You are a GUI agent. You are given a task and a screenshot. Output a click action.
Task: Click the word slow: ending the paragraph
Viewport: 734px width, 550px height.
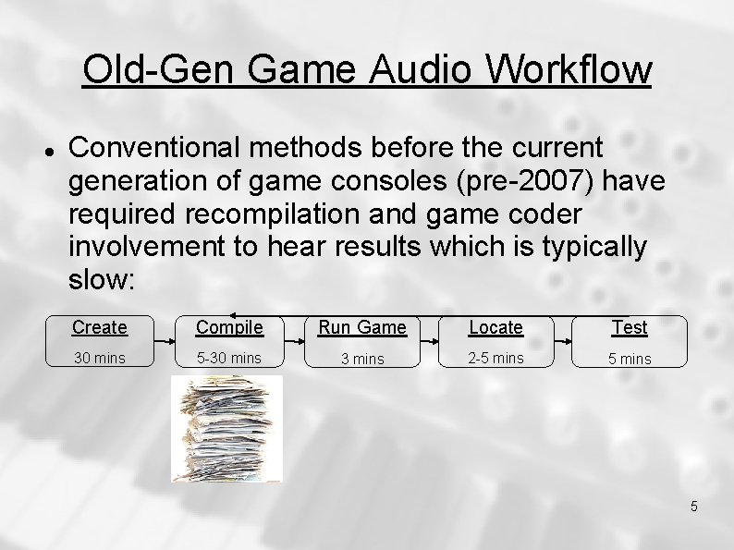coord(102,280)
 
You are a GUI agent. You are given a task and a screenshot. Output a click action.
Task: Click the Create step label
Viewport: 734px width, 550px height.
coord(100,327)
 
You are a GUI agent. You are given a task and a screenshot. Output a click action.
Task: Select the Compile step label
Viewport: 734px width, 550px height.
coord(229,327)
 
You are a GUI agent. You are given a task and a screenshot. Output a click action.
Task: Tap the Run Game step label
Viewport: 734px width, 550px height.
coord(362,327)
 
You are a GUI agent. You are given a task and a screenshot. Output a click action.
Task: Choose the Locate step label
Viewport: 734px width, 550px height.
coord(495,327)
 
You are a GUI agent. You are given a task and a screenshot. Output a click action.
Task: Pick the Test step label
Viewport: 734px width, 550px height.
coord(630,327)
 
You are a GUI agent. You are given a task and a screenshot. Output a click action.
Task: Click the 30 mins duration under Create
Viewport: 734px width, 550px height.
coord(100,359)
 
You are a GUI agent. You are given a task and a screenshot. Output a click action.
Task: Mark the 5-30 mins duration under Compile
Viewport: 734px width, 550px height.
coord(229,359)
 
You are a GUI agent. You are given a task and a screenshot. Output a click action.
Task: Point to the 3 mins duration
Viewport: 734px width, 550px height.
coord(362,359)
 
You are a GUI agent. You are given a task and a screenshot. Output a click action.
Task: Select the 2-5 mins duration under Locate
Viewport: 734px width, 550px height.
coord(495,359)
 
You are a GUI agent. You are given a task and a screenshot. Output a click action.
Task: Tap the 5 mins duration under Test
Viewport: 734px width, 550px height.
coord(630,359)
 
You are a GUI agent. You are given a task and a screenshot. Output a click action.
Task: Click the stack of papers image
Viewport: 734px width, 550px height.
coord(226,429)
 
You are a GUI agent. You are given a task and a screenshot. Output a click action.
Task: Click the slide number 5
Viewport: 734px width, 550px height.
coord(694,506)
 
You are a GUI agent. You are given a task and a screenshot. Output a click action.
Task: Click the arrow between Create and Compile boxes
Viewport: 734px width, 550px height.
coord(164,341)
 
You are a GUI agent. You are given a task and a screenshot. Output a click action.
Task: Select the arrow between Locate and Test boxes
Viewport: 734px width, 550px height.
coord(563,341)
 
